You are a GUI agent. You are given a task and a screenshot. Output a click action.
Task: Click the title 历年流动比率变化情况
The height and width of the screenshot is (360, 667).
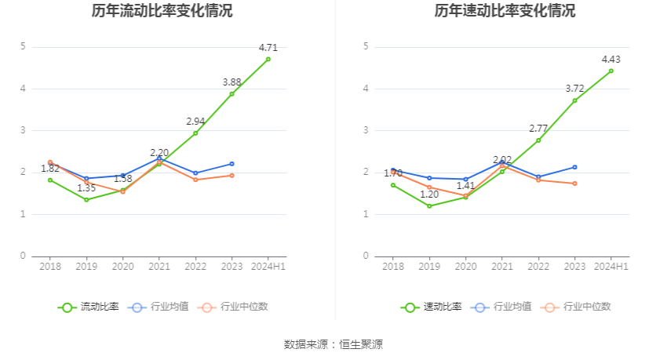(162, 11)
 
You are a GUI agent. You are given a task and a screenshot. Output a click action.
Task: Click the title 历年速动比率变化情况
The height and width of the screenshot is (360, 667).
(505, 11)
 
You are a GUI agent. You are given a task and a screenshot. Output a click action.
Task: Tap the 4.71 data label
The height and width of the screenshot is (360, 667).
(268, 47)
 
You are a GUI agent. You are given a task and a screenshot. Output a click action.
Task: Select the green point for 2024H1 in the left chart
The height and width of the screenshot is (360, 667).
(268, 59)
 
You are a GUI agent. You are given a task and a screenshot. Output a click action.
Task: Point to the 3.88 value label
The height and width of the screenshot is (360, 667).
(231, 82)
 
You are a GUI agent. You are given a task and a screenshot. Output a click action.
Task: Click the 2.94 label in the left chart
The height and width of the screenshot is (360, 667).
(195, 122)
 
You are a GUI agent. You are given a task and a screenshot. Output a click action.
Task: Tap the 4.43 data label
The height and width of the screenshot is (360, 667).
(611, 59)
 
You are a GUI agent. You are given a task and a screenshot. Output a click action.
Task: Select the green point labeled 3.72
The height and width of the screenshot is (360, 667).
(574, 100)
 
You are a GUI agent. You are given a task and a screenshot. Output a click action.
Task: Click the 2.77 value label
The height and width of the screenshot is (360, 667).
(538, 128)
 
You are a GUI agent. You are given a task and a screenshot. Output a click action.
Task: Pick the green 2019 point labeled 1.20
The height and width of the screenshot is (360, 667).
(429, 206)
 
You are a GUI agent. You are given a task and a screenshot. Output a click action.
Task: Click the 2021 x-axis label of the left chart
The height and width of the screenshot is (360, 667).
(159, 267)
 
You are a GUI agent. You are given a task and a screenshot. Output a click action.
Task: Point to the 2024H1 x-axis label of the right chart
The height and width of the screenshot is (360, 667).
(611, 267)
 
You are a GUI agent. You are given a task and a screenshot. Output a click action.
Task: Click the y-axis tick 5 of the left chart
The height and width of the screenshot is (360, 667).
(24, 46)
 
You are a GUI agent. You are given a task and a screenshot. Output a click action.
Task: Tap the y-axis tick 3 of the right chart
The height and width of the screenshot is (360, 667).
(366, 130)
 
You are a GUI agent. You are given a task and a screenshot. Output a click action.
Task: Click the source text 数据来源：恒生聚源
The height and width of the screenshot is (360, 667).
(333, 344)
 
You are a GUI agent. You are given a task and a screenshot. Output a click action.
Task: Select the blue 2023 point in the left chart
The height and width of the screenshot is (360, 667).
(231, 164)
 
